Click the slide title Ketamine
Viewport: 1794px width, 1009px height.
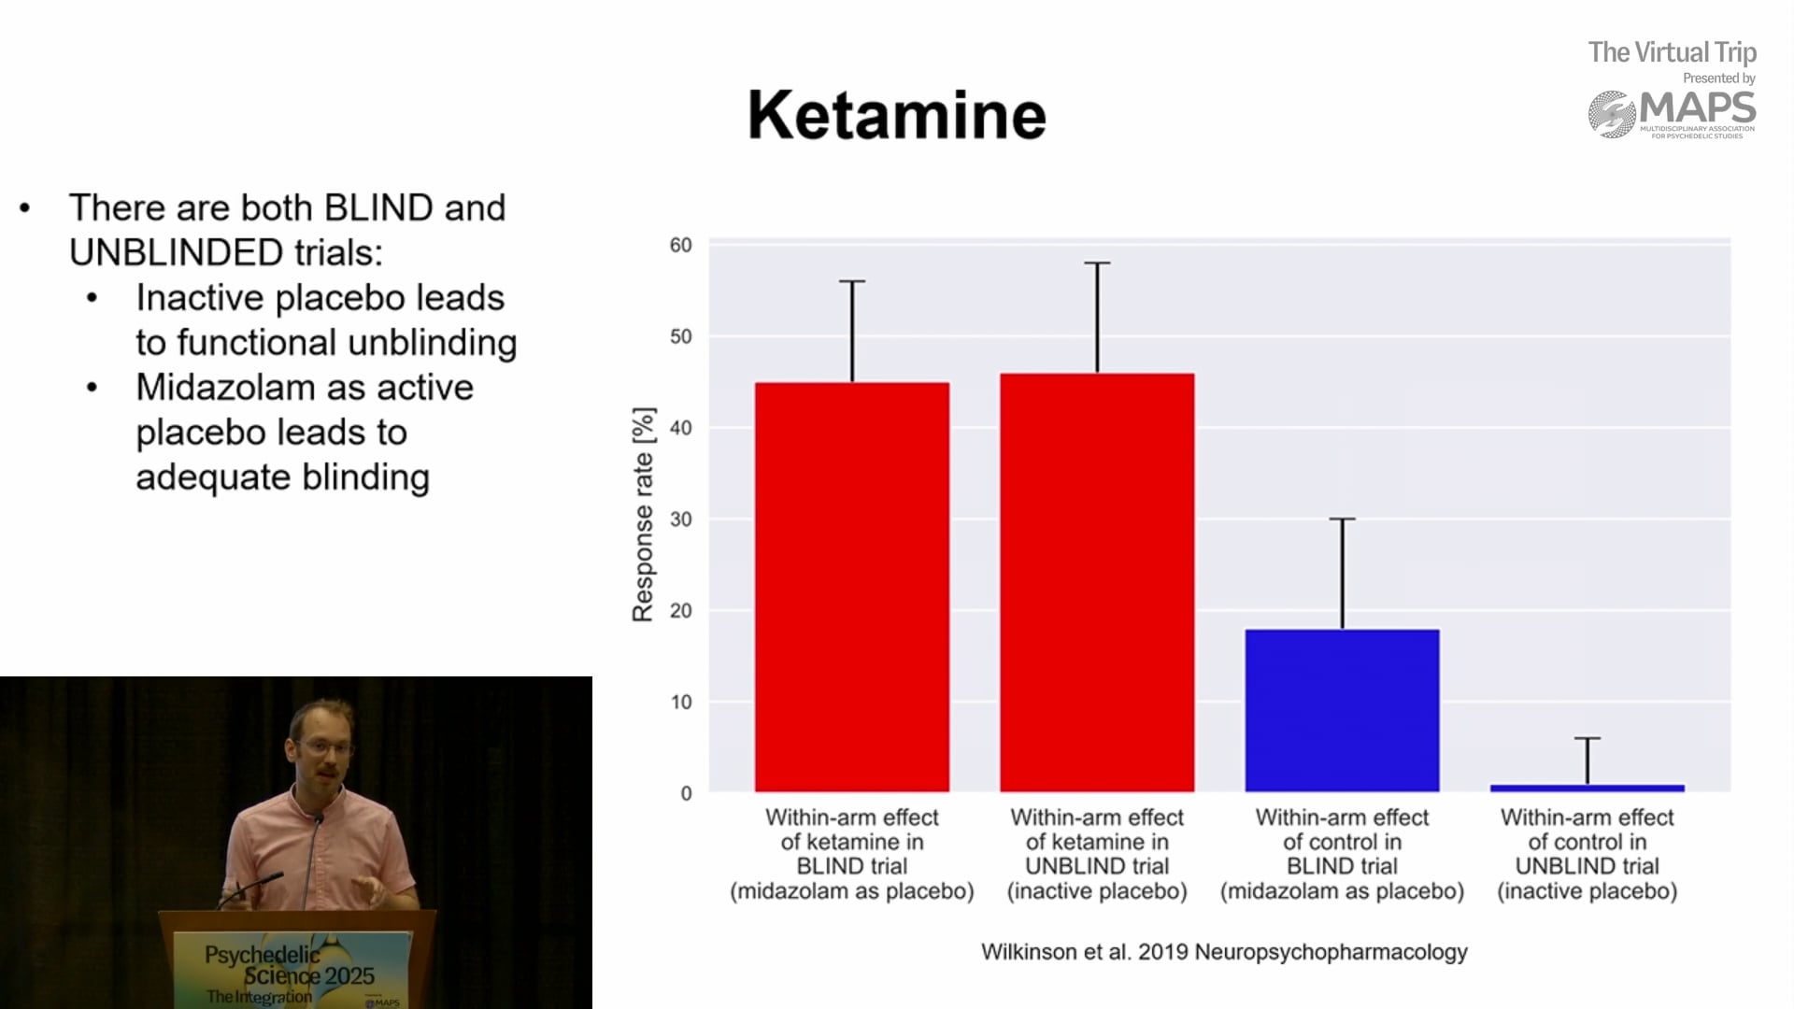(896, 115)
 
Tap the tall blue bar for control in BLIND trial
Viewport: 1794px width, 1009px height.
(1342, 710)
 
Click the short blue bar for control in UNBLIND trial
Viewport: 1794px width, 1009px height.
(1587, 789)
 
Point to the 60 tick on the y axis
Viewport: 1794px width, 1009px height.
(680, 246)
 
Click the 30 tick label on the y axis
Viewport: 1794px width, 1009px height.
(680, 519)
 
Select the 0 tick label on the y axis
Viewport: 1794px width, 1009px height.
(686, 794)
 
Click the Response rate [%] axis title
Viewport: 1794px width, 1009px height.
(643, 514)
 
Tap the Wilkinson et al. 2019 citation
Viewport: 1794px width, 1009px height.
(1224, 952)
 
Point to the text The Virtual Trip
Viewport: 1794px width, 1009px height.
(1672, 52)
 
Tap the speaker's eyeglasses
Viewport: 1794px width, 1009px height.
(324, 747)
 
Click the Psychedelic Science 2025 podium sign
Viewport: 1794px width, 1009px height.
(290, 972)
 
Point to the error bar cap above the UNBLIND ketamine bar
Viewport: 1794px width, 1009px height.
(1097, 263)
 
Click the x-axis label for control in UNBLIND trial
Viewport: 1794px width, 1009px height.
(1587, 854)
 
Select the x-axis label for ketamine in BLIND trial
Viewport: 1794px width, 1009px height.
(851, 854)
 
